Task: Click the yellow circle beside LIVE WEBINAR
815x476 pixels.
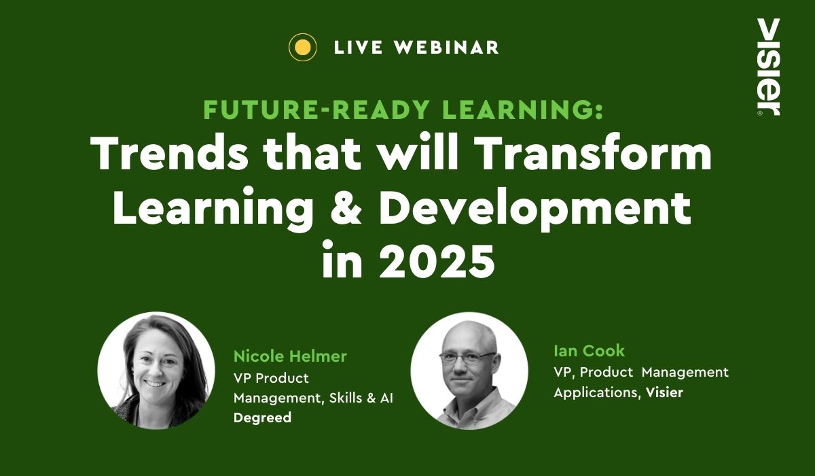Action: click(x=302, y=47)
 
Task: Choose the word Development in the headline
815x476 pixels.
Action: click(x=535, y=209)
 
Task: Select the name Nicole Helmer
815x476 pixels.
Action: click(x=290, y=356)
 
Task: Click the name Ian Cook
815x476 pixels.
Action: click(x=589, y=351)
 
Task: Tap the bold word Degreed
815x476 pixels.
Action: click(x=262, y=418)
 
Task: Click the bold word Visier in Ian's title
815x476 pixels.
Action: click(x=664, y=392)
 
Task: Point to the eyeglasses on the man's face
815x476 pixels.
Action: click(x=467, y=357)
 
